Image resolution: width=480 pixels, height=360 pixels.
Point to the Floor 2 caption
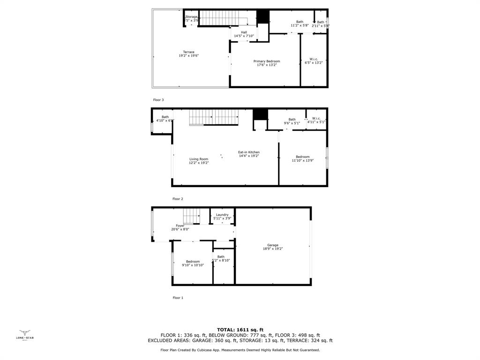[x=178, y=199]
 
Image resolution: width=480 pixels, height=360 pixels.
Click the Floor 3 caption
[x=158, y=100]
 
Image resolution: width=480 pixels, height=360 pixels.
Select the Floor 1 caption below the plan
[x=178, y=298]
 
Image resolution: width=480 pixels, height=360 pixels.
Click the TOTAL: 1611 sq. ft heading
[x=240, y=330]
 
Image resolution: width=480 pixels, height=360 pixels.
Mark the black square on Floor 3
[x=263, y=16]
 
